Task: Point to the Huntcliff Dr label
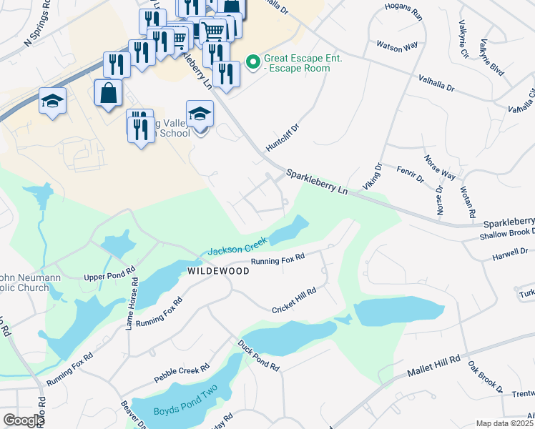point(281,136)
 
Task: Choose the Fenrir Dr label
point(409,174)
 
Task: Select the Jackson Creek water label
point(237,247)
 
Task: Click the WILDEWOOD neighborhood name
point(217,272)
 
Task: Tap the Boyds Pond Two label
point(185,406)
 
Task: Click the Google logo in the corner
point(24,420)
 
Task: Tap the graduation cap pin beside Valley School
point(200,114)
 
